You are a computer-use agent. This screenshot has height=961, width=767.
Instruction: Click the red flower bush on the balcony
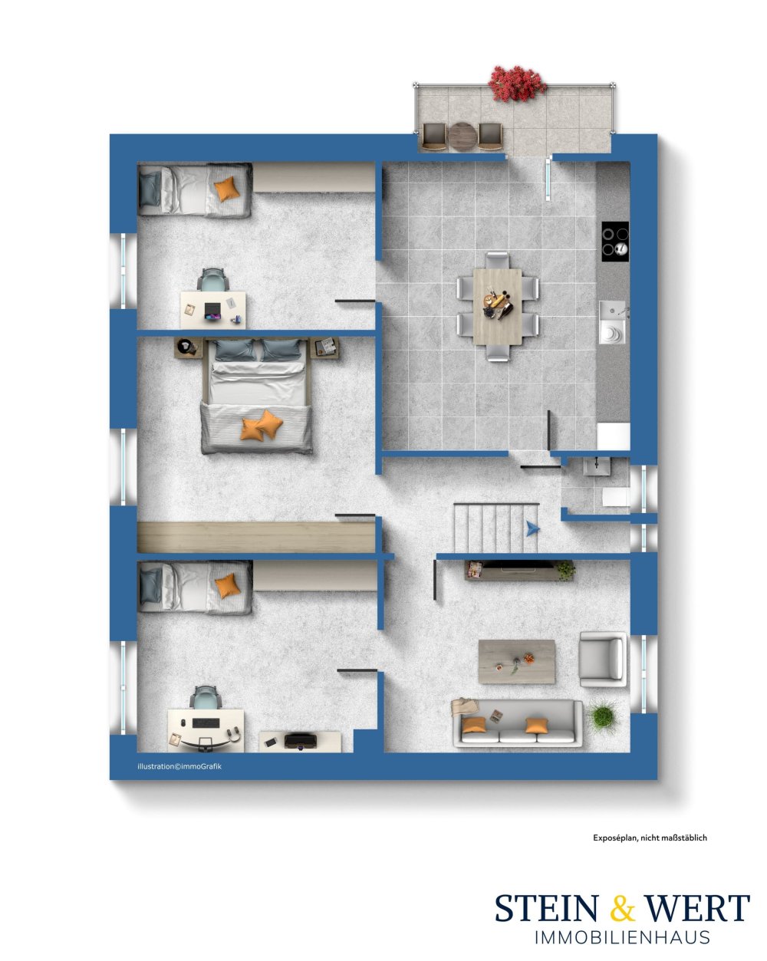(x=517, y=84)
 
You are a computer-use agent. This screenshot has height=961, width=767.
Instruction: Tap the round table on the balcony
(x=462, y=135)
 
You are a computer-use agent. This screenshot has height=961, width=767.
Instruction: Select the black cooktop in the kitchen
(x=614, y=241)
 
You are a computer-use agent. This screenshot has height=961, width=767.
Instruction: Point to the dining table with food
(x=497, y=306)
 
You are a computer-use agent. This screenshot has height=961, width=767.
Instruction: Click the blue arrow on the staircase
(x=532, y=528)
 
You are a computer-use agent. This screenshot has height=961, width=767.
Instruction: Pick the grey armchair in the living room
(x=602, y=659)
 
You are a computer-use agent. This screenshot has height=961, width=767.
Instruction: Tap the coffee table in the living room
(x=516, y=662)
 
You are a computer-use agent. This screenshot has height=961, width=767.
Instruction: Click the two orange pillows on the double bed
(x=262, y=425)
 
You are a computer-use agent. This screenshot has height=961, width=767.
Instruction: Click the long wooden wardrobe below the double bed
(x=256, y=537)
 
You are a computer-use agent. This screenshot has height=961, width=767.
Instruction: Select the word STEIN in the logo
(x=546, y=907)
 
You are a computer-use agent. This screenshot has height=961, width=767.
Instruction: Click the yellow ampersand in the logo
(x=622, y=907)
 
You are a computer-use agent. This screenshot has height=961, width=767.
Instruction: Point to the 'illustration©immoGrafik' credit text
(x=179, y=766)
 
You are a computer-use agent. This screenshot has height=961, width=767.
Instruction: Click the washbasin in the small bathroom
(x=597, y=466)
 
